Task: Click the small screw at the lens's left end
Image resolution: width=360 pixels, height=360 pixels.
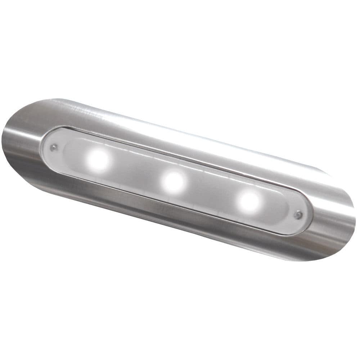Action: [54, 147]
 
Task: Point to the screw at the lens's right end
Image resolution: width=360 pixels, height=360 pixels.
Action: [298, 215]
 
